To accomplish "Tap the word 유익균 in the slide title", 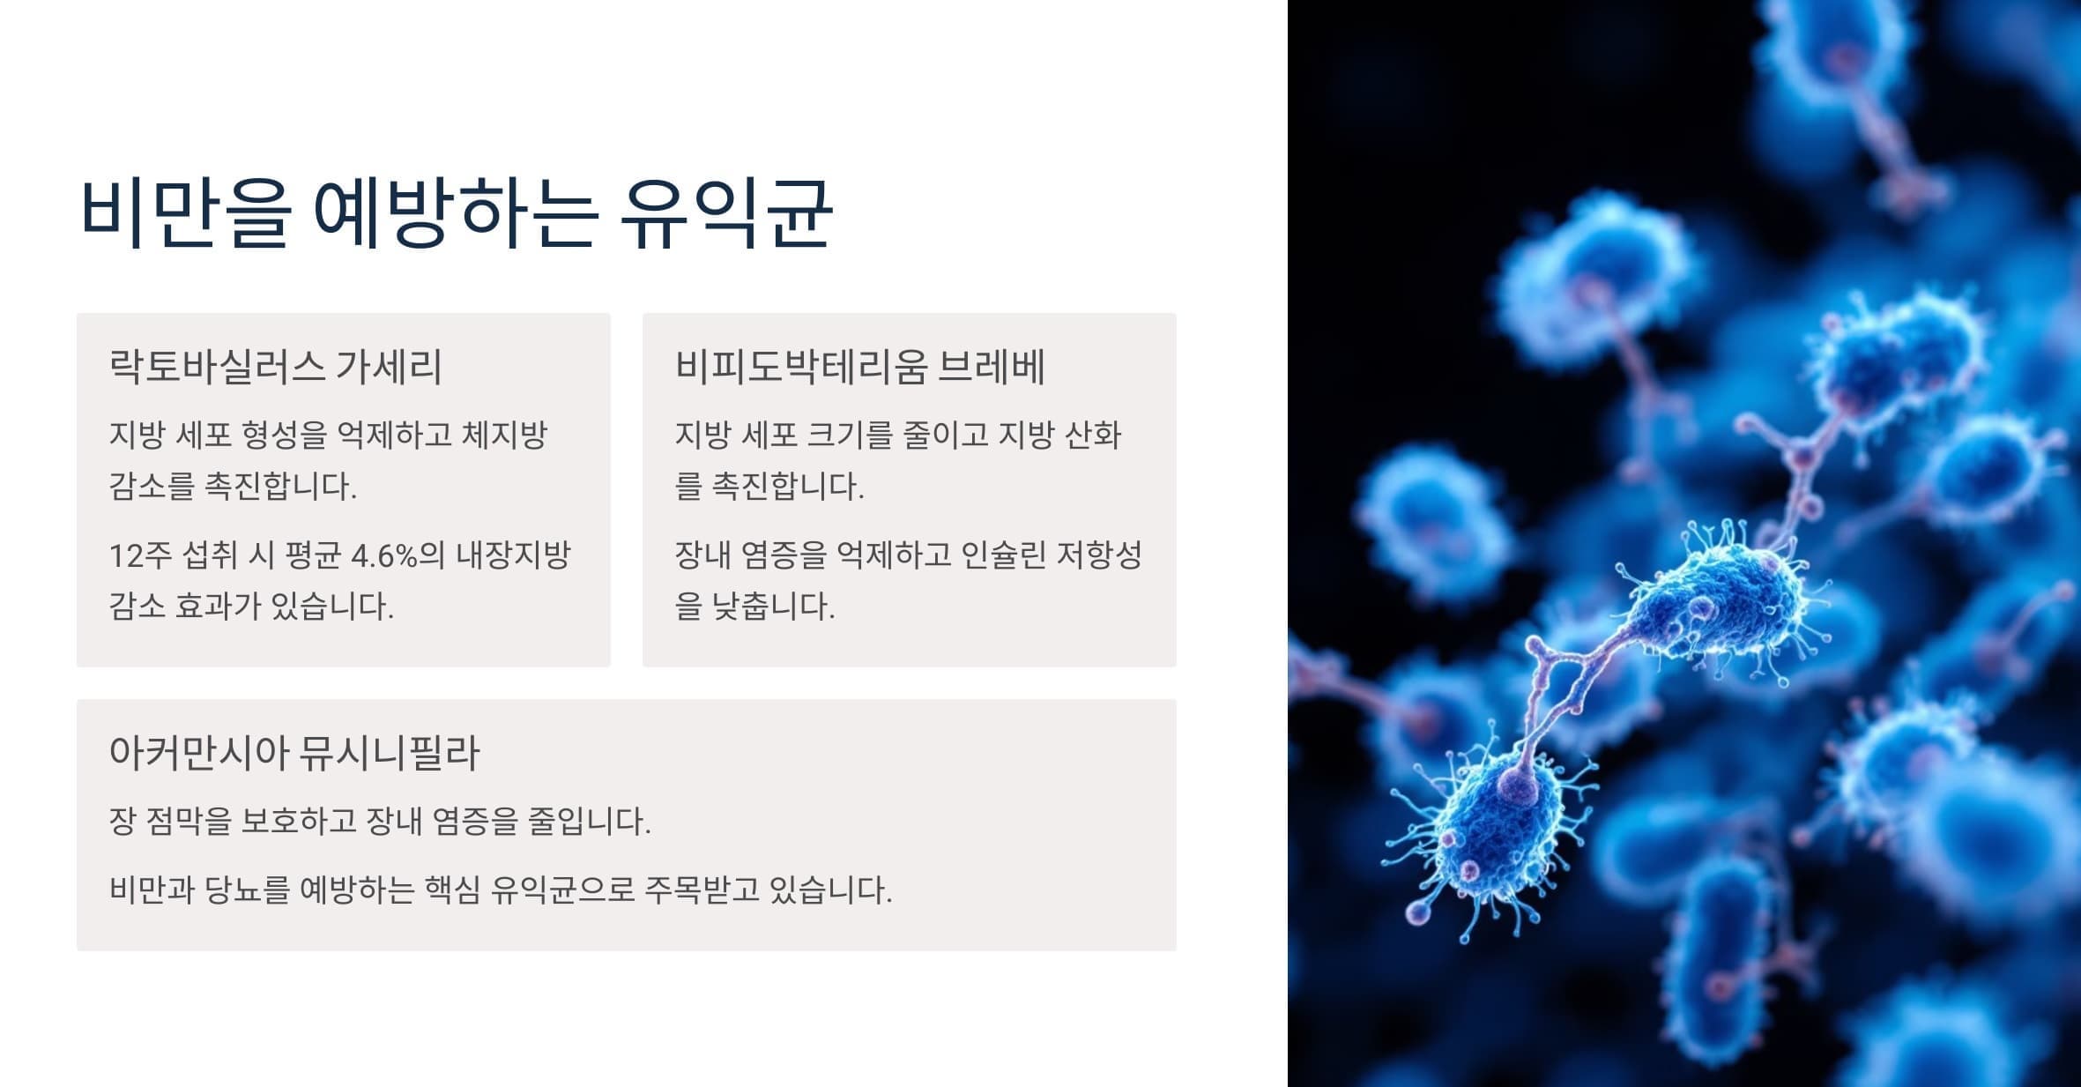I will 725,214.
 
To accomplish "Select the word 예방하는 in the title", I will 457,214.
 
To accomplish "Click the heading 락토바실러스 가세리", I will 275,367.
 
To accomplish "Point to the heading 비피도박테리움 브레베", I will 859,367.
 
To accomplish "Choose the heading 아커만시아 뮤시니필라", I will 294,754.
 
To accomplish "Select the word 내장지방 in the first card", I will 513,555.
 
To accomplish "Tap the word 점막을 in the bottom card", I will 188,822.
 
